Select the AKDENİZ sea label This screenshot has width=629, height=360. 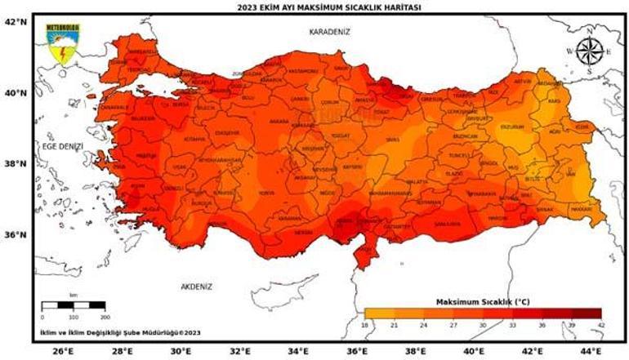[196, 287]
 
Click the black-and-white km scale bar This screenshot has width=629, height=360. [73, 305]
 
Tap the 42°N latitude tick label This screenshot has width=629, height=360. [16, 22]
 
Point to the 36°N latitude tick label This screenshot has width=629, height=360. [16, 234]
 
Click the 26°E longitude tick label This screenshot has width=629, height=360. [62, 351]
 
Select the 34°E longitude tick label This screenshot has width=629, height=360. [299, 351]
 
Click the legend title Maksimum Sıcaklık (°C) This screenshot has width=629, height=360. [482, 301]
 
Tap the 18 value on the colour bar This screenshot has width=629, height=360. [364, 324]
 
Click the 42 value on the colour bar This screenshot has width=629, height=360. [601, 324]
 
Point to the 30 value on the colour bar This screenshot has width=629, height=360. [483, 324]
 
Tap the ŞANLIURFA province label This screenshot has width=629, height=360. [447, 222]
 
